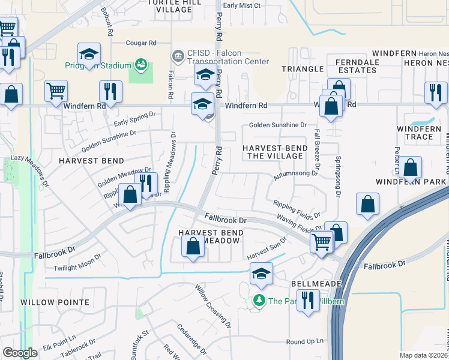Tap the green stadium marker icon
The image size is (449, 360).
point(142,64)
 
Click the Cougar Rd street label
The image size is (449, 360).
point(141,43)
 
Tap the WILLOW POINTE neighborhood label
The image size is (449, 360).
point(55,302)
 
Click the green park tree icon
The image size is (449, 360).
point(259,300)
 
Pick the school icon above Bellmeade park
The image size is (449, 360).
point(261,274)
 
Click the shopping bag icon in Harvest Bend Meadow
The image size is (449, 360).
point(193,247)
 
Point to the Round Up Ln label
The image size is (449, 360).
point(304,342)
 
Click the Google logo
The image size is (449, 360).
point(20,353)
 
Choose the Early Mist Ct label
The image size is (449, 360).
point(241,5)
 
